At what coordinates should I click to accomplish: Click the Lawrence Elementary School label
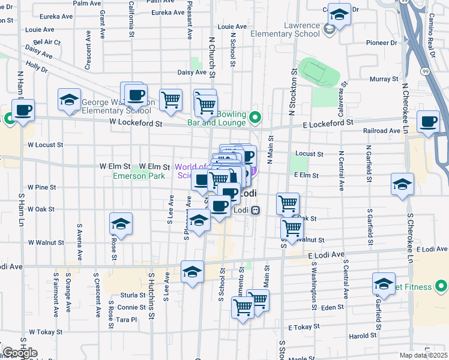[294, 29]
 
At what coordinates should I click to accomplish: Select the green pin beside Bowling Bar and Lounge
[255, 117]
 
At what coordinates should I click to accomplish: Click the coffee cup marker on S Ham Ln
[23, 111]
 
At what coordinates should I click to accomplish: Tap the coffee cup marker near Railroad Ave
[429, 122]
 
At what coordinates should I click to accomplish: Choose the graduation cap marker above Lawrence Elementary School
[340, 15]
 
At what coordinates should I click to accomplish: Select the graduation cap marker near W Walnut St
[121, 224]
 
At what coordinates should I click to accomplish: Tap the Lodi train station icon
[256, 210]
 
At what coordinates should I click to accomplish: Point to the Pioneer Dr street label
[382, 43]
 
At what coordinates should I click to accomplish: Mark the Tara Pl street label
[127, 320]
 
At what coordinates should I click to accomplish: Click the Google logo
[20, 353]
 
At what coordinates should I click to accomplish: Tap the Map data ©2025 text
[422, 355]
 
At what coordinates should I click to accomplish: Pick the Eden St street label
[332, 307]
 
